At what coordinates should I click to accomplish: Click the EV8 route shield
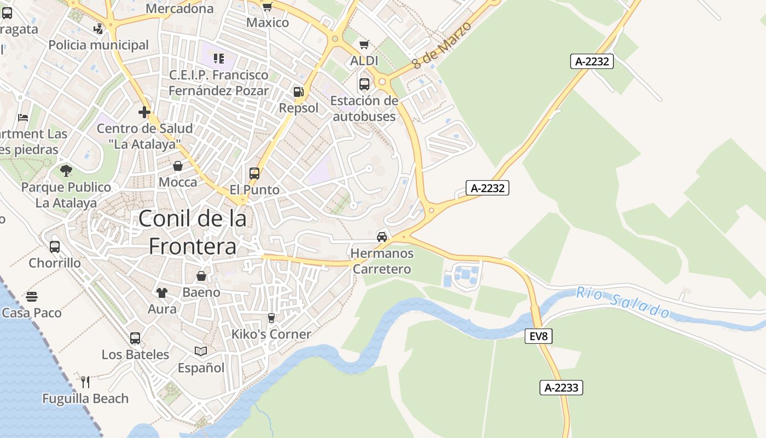coord(538,336)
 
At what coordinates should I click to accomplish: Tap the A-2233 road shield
coord(561,388)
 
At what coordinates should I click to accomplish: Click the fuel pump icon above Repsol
coord(298,92)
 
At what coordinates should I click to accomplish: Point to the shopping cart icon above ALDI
coord(364,44)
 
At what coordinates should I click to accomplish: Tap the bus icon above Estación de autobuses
coord(364,84)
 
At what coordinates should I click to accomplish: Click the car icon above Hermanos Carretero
coord(382,237)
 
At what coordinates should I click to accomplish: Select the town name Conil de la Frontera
coord(193,232)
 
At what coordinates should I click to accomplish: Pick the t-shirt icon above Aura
coord(162,292)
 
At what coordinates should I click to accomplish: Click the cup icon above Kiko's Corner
coord(271,318)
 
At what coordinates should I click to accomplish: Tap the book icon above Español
coord(201,351)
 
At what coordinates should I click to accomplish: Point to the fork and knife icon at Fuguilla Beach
coord(85,382)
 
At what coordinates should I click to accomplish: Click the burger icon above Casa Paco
coord(32,297)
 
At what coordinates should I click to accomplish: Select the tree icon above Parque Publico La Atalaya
coord(66,170)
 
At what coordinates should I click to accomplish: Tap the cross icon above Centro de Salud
coord(144,112)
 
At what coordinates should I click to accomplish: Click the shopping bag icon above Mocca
coord(178,165)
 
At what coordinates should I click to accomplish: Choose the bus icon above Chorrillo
coord(55,247)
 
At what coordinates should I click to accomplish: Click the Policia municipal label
coord(98,45)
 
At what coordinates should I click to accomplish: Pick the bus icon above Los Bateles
coord(135,338)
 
